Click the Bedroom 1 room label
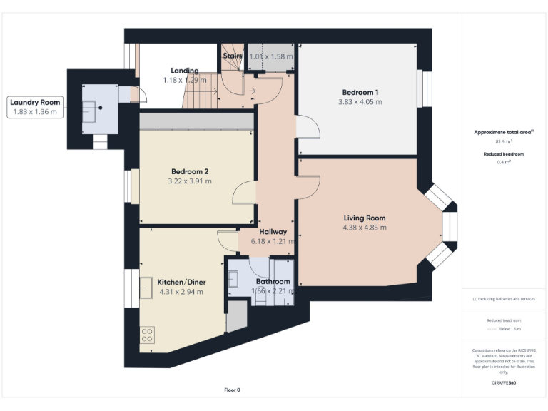coord(360,92)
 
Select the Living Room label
coord(364,218)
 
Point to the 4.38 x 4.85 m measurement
coord(364,228)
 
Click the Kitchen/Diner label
coord(181,282)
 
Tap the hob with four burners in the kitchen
coord(148,334)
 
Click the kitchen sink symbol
coord(146,283)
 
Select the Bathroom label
coord(273,282)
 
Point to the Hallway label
coord(273,232)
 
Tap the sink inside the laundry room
coord(91,111)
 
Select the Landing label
coord(185,71)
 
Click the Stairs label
coord(233,56)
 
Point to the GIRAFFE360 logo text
coord(504,383)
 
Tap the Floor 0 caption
coord(232,390)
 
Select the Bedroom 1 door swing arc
coord(308,128)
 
